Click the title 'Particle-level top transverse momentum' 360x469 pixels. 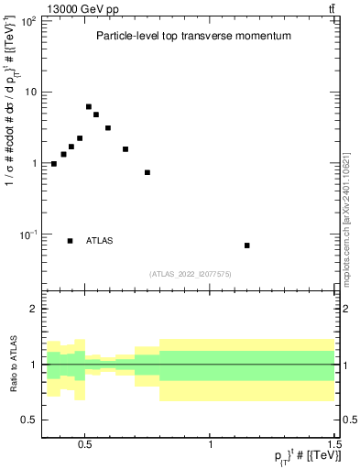[x=193, y=37]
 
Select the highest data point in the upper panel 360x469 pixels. [x=89, y=107]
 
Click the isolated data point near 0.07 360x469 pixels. [x=247, y=245]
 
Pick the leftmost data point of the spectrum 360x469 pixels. [x=54, y=164]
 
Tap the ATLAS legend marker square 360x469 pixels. [x=71, y=241]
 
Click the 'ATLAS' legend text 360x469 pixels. [x=100, y=241]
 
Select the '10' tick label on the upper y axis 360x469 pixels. [x=30, y=92]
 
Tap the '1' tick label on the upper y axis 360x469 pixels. [x=33, y=163]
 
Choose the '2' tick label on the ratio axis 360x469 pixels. [x=33, y=309]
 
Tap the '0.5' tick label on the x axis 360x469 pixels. [x=85, y=441]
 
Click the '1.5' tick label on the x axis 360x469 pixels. [x=334, y=441]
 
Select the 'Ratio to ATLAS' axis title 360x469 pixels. [x=13, y=364]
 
